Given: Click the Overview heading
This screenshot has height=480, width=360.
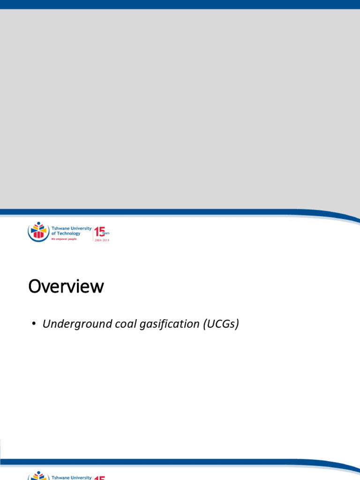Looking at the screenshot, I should pyautogui.click(x=66, y=286).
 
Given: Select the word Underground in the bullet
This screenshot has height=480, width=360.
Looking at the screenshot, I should pyautogui.click(x=75, y=324).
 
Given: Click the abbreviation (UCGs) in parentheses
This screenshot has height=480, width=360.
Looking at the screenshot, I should pyautogui.click(x=221, y=324).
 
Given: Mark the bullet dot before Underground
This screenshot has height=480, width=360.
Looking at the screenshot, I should pyautogui.click(x=34, y=324).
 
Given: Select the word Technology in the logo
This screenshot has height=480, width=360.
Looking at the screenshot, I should pyautogui.click(x=68, y=233).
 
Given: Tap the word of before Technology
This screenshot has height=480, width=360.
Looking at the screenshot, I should pyautogui.click(x=53, y=233).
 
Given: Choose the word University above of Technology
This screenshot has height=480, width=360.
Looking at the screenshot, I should pyautogui.click(x=81, y=229).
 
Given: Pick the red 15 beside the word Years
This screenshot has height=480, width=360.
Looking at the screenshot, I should pyautogui.click(x=99, y=232).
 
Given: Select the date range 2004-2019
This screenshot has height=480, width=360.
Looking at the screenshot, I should pyautogui.click(x=102, y=240).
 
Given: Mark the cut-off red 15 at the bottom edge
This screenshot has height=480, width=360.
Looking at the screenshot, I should pyautogui.click(x=99, y=478).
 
